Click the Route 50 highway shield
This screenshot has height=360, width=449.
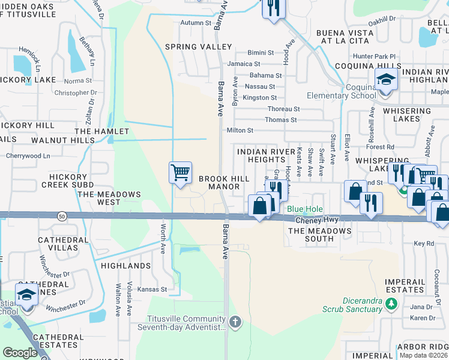coord(62,215)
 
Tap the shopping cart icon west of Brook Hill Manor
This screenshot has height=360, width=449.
coord(180,173)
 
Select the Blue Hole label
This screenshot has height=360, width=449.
coord(304,209)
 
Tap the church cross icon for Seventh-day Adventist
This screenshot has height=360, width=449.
coord(235,322)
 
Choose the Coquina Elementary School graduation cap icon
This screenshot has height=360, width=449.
coord(386,80)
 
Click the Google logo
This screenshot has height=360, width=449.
coord(20,353)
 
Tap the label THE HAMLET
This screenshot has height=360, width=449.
coord(101,131)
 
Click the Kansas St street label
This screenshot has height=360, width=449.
coord(152,289)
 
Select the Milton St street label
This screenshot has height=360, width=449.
coord(240,130)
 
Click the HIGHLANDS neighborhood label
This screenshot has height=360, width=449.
coord(125,265)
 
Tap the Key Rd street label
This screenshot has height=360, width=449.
coord(423,244)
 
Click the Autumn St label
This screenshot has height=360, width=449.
coord(196,23)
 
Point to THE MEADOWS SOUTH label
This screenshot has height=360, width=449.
coord(319,235)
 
